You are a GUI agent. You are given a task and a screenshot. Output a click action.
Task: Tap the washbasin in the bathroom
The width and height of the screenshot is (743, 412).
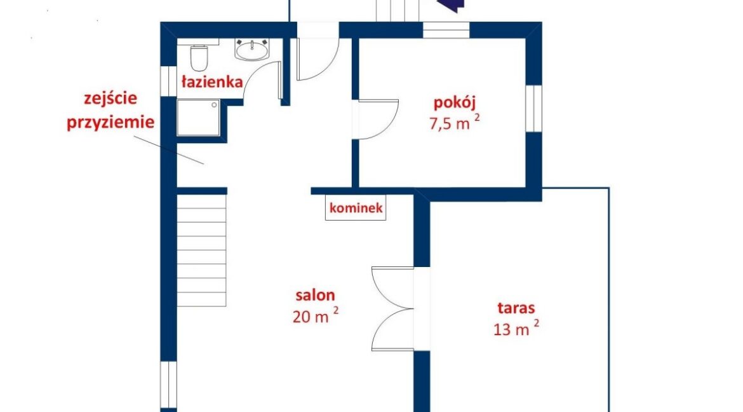coord(251,50)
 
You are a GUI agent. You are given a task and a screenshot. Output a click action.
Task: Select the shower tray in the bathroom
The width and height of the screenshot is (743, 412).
coord(199,117)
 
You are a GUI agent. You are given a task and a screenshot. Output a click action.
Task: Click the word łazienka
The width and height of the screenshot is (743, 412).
coord(212,81)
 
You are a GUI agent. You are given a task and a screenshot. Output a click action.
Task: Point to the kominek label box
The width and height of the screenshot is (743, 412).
coord(356,208)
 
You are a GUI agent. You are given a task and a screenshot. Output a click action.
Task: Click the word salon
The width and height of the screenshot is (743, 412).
coord(315,295)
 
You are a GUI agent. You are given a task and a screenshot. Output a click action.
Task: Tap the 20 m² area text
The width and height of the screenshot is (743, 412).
coord(316,315)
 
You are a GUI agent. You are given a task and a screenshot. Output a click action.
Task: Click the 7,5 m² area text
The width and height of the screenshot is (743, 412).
coord(455,122)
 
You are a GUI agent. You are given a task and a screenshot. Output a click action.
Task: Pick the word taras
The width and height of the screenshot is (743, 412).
coord(516,308)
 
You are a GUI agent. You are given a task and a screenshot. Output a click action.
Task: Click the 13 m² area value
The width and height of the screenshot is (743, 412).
coord(516,328)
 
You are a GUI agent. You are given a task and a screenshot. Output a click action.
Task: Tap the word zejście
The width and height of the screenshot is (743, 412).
coord(110,99)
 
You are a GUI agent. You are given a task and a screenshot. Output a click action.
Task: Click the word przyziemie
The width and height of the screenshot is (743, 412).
coord(110,123)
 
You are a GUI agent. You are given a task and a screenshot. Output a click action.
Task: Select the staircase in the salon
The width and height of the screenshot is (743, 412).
coord(201,250)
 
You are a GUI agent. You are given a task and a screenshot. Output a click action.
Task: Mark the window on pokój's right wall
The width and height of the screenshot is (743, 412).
coord(534,109)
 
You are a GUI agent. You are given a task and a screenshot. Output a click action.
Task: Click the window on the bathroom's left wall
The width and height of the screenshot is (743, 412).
coord(169,81)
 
